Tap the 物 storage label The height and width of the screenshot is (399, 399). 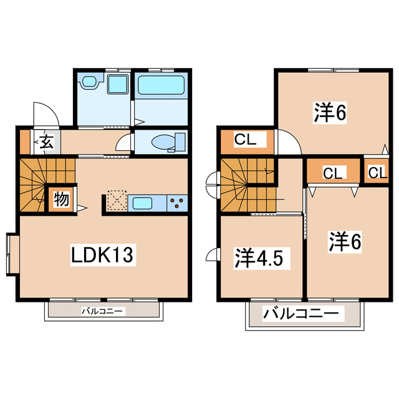pos(61,199)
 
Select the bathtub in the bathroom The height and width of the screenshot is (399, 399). pos(161,85)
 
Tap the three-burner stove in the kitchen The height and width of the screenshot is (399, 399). pos(178,203)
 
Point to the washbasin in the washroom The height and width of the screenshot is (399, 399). pos(89,82)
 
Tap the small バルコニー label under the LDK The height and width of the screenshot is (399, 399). pos(103,310)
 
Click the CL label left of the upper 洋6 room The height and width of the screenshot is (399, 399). pos(246,140)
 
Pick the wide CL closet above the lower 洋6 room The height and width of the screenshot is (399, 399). pos(331,173)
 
